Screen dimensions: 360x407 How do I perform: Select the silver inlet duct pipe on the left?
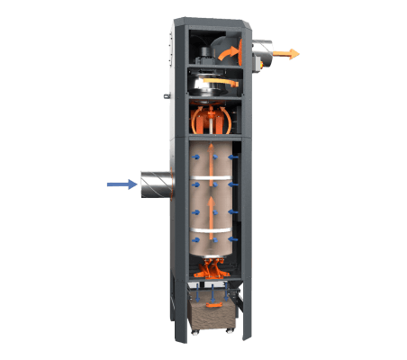(x=155, y=184)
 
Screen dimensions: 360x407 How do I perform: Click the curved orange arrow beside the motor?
(x=241, y=49)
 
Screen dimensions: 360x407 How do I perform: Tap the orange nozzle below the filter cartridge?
(x=214, y=265)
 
